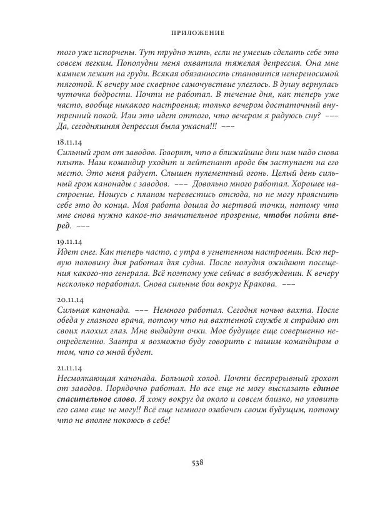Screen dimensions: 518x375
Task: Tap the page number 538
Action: [198, 464]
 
